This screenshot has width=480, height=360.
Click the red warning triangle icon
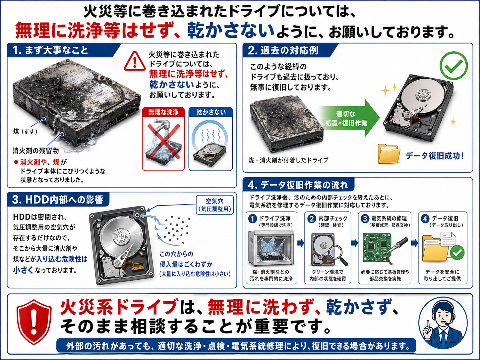[135, 61]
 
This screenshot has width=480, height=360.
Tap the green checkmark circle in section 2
[453, 66]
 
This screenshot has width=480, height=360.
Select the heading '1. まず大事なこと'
[50, 50]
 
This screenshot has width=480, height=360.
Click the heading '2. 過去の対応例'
[283, 50]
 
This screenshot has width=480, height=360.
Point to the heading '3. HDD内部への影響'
[57, 200]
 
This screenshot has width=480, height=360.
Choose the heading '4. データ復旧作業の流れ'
[298, 185]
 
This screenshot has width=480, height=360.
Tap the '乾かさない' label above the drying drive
[210, 112]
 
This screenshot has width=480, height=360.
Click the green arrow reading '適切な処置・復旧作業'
[349, 118]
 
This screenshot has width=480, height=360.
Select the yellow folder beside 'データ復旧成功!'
[389, 154]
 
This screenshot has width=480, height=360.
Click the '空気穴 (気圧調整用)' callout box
[215, 205]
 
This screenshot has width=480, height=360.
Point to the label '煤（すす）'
[26, 132]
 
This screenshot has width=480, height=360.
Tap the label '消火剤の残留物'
[36, 150]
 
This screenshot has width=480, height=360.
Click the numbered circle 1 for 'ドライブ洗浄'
[253, 219]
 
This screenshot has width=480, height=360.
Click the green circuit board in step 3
[377, 248]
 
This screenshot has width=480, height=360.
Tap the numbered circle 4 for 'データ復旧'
[425, 219]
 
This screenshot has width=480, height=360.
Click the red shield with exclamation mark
[34, 322]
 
